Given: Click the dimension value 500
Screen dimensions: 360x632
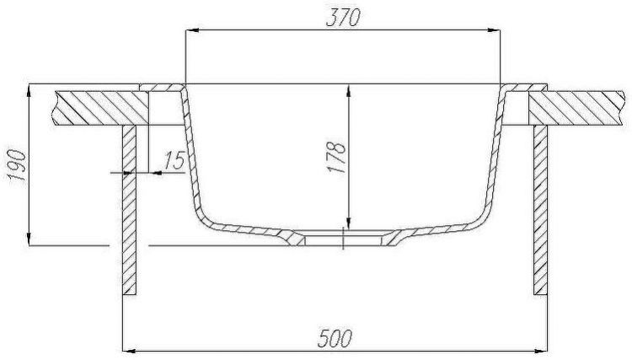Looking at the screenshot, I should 336,338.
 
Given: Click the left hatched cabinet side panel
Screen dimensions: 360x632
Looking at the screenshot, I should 130,211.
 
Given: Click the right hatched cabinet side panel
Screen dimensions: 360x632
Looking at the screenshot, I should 540,211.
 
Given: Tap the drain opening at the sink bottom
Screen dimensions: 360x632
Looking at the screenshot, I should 344,239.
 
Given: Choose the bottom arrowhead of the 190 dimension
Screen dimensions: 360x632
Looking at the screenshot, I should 29,239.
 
